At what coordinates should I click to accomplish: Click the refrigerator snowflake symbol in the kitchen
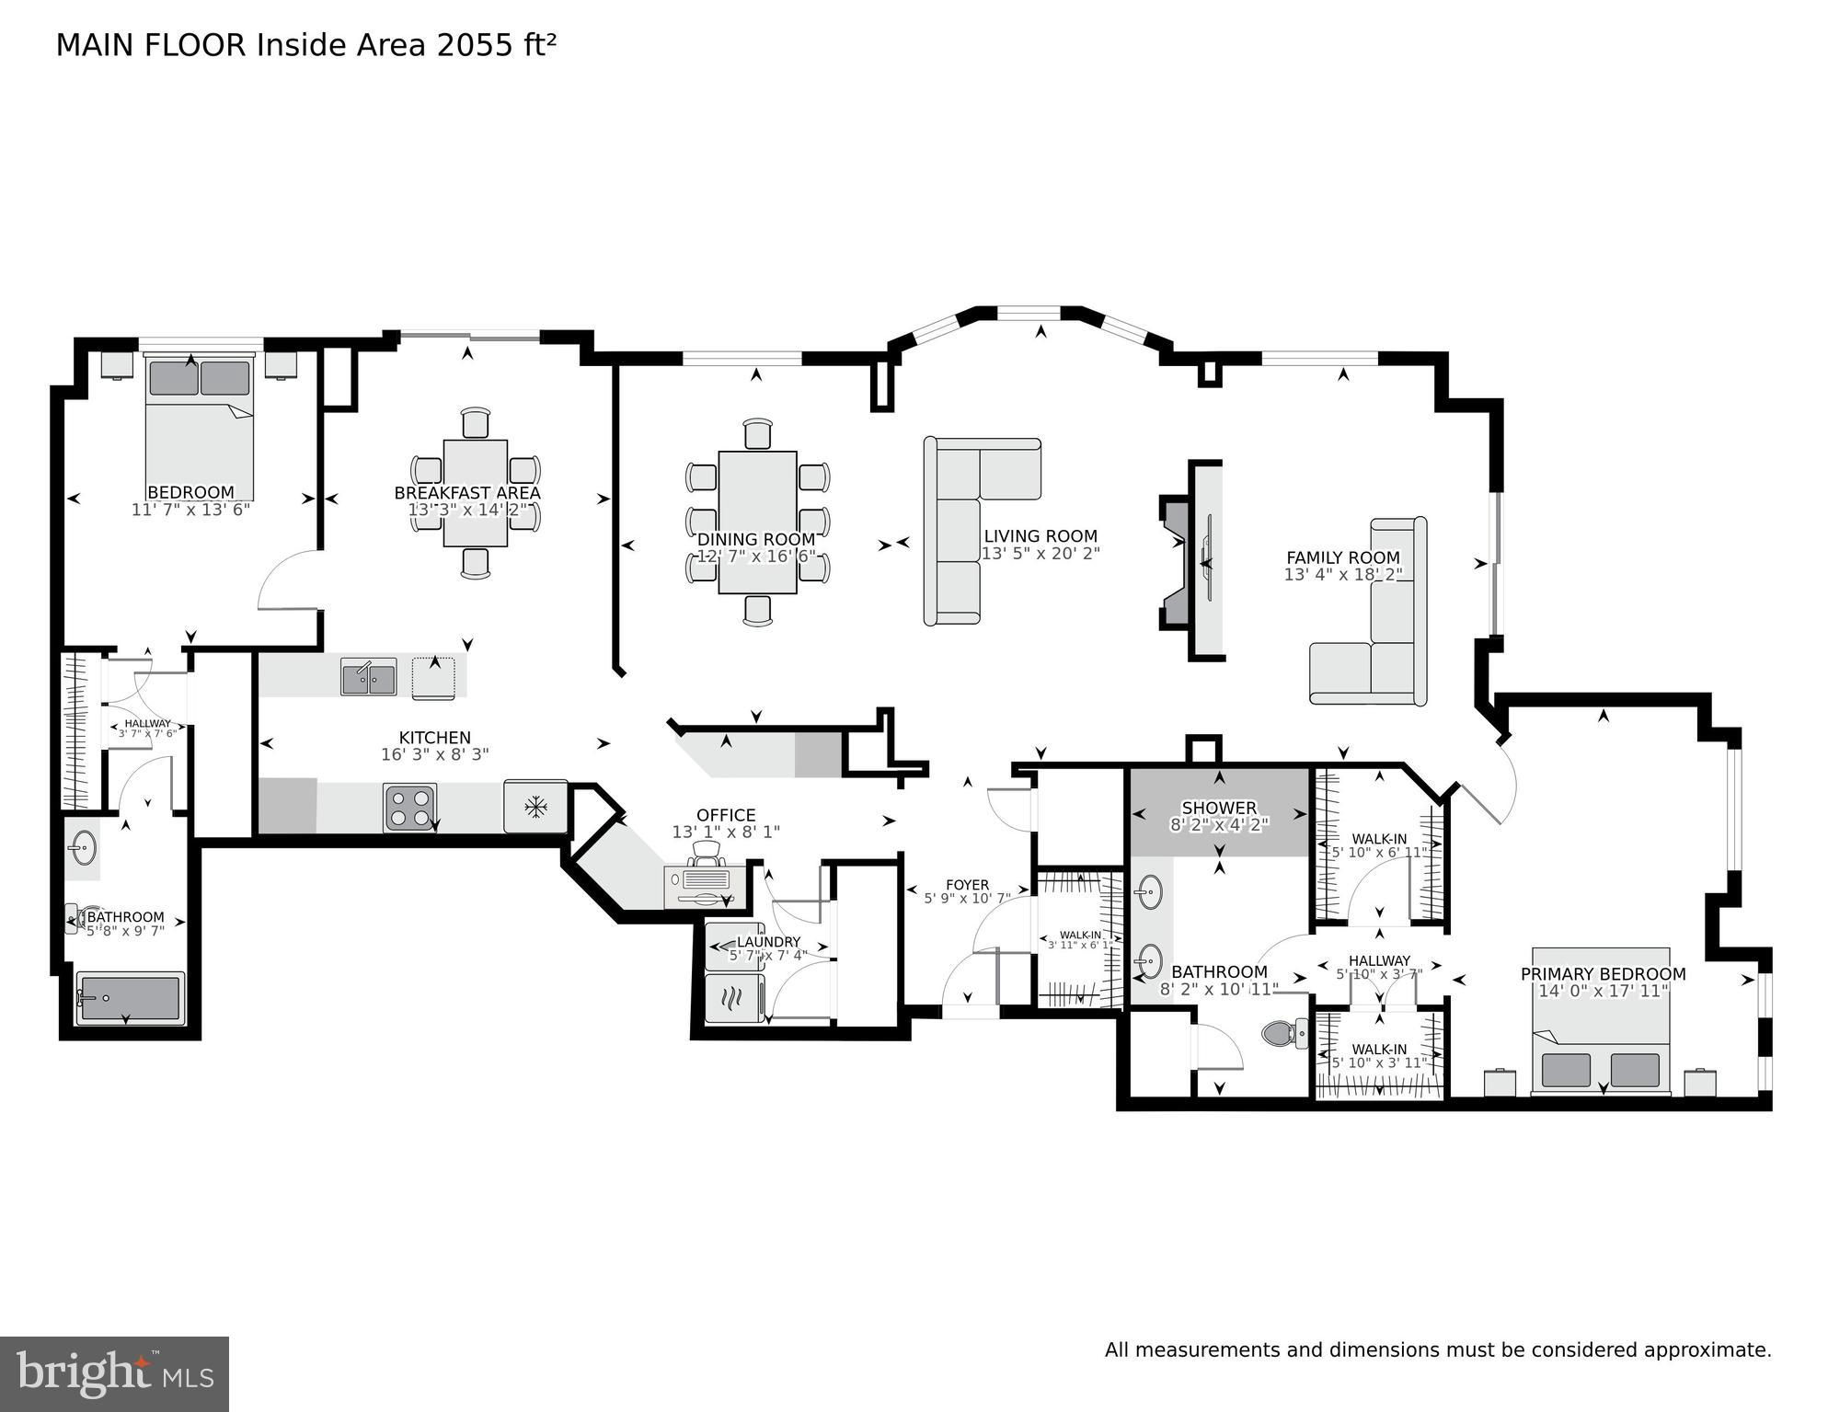click(x=535, y=808)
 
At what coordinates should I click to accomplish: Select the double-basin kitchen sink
click(x=368, y=678)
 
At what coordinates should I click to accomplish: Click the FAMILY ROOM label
click(x=1342, y=557)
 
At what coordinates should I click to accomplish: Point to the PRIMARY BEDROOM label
click(x=1603, y=974)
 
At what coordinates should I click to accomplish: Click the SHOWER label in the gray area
click(x=1219, y=808)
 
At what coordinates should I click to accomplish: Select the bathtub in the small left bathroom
click(x=130, y=998)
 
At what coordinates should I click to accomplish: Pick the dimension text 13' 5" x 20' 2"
click(x=1040, y=554)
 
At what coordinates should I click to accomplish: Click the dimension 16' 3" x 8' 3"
click(x=434, y=754)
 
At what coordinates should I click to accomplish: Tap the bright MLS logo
click(x=114, y=1373)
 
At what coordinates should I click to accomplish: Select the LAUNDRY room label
click(x=768, y=942)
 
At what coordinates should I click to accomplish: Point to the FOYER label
click(x=967, y=885)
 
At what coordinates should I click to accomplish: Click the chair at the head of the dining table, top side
click(x=757, y=433)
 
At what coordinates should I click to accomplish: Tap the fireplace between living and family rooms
click(x=1191, y=560)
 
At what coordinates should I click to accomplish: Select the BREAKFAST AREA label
click(x=467, y=493)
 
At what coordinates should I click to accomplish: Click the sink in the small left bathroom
click(x=84, y=848)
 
